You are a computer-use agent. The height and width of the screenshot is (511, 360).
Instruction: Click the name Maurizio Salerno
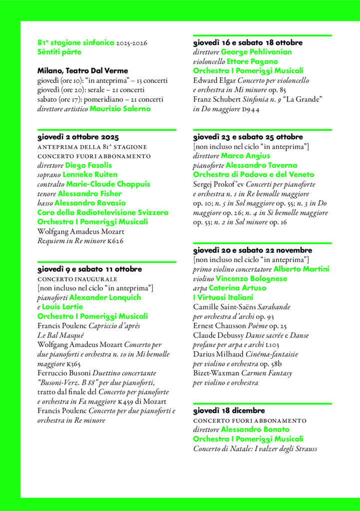pyautogui.click(x=120, y=109)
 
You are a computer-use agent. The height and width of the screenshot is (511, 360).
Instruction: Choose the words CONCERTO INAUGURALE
pyautogui.click(x=77, y=278)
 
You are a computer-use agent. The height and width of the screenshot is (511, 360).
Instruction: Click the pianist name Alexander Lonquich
pyautogui.click(x=105, y=297)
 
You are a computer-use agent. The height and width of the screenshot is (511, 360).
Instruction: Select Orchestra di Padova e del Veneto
pyautogui.click(x=254, y=175)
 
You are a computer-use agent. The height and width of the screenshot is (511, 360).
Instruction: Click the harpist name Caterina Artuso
pyautogui.click(x=237, y=288)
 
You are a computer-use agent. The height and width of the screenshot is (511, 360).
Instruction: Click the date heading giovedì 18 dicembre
pyautogui.click(x=229, y=411)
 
